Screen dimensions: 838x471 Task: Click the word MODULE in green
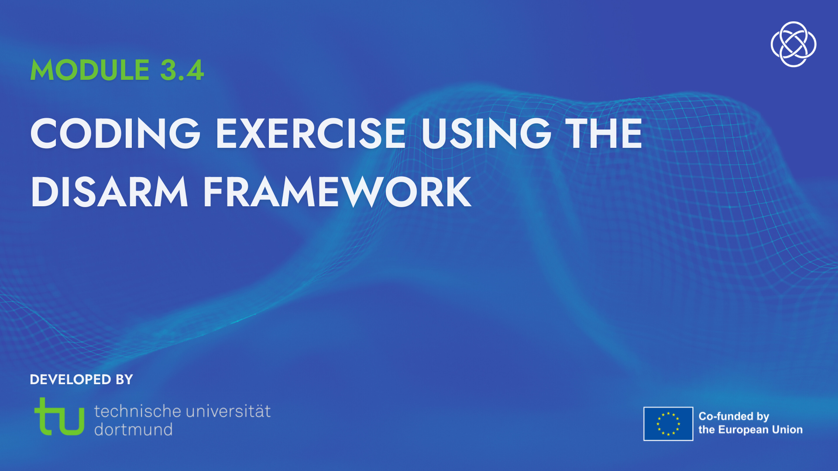coord(90,70)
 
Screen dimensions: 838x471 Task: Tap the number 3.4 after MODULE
coord(182,70)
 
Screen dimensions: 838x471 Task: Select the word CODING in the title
coord(115,133)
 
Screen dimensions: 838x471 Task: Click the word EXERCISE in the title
coord(311,133)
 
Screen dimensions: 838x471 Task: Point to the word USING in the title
coord(486,133)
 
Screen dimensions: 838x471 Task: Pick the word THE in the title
coord(604,133)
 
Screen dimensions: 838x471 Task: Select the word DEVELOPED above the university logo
coord(70,379)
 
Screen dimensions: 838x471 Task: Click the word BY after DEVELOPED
coord(124,379)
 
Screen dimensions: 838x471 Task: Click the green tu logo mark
coord(59,416)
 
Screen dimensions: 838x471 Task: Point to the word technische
coord(137,411)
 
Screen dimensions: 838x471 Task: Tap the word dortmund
coord(134,430)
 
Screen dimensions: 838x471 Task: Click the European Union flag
coord(668,424)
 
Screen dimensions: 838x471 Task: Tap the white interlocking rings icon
coord(793,44)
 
